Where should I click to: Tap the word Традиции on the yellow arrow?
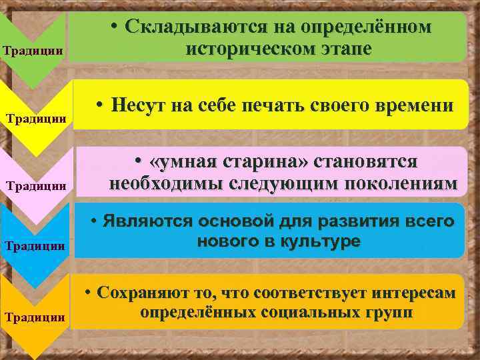[x=36, y=119]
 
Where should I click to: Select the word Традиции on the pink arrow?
[x=36, y=186]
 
